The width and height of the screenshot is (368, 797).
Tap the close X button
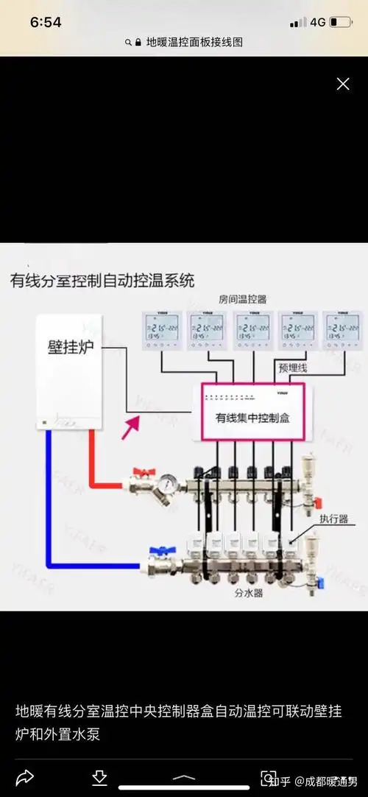pyautogui.click(x=343, y=84)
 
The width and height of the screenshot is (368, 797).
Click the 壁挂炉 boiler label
pyautogui.click(x=71, y=348)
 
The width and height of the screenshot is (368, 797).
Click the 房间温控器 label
pyautogui.click(x=242, y=299)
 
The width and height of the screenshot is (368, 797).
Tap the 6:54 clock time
pyautogui.click(x=46, y=23)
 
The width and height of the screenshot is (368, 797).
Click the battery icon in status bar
pyautogui.click(x=340, y=23)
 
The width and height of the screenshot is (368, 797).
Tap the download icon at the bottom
pyautogui.click(x=99, y=777)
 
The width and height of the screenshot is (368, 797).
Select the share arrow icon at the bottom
pyautogui.click(x=24, y=777)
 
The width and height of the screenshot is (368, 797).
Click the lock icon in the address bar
pyautogui.click(x=137, y=43)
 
